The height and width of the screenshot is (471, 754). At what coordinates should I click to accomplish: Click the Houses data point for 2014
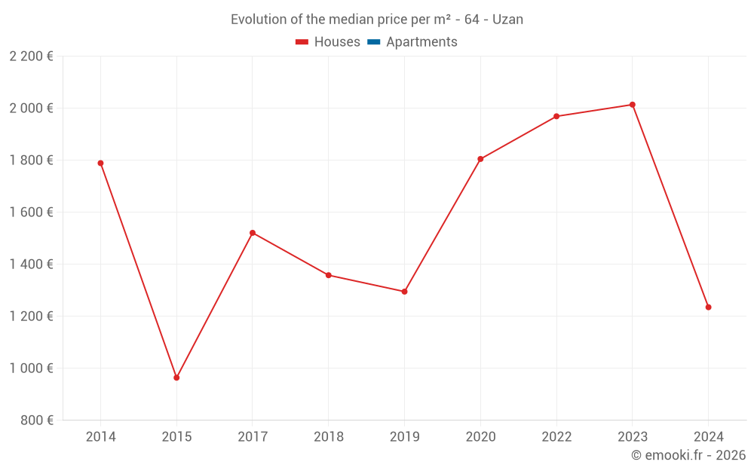(x=100, y=163)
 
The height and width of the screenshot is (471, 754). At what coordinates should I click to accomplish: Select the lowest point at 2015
(x=176, y=378)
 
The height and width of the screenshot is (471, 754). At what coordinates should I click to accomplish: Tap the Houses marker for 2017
(x=253, y=233)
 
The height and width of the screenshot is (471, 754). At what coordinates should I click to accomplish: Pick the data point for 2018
(x=329, y=275)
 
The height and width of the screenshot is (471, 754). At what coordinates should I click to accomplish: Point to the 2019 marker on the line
(x=404, y=292)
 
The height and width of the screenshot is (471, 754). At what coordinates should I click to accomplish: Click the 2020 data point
(x=480, y=159)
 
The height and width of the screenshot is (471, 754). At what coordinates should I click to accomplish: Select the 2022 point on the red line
(x=556, y=116)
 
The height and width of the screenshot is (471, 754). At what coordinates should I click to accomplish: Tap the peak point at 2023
(x=633, y=105)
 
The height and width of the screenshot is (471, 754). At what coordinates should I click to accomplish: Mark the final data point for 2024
(x=708, y=307)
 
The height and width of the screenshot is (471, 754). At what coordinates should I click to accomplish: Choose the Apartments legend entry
(x=421, y=42)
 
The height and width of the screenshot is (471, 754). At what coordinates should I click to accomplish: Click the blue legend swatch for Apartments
(x=373, y=42)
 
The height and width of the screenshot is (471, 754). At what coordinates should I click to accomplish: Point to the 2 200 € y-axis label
(x=31, y=57)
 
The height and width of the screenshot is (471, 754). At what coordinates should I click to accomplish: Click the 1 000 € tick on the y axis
(x=31, y=369)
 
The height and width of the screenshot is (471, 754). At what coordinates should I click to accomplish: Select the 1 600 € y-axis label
(x=31, y=213)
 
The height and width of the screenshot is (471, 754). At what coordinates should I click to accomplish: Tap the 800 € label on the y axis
(x=36, y=421)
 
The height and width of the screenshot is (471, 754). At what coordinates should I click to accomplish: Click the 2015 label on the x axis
(x=176, y=437)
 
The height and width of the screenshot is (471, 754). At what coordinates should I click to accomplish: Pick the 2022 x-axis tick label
(x=556, y=437)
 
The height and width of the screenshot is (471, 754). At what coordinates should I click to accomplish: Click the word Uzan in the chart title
(x=507, y=20)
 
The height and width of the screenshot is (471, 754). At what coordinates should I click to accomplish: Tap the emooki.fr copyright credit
(x=688, y=455)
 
